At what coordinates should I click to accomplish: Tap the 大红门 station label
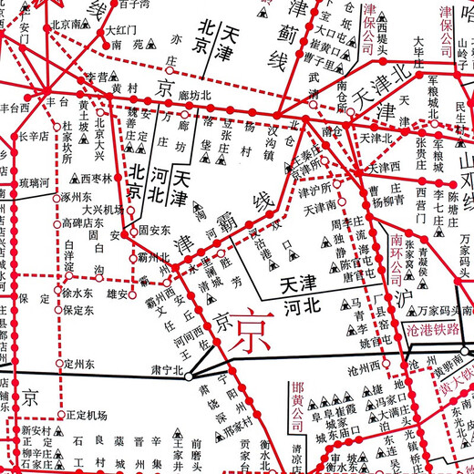click(120, 30)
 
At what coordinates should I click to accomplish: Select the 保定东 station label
click(80, 310)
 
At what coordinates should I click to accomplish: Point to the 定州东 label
click(80, 364)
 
